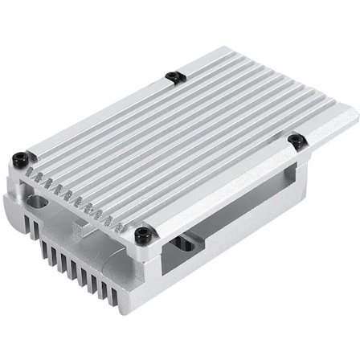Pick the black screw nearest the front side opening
[142, 234]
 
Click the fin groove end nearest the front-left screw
[31, 172]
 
